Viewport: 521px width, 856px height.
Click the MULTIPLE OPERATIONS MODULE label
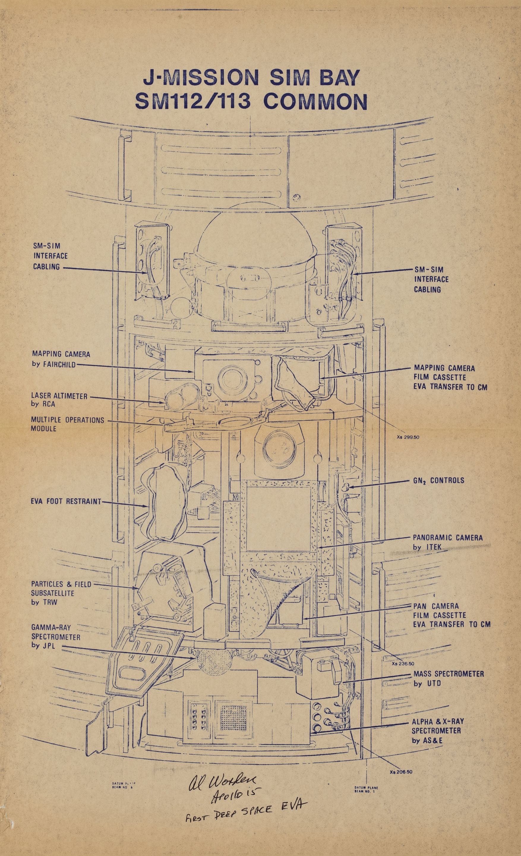[x=67, y=424]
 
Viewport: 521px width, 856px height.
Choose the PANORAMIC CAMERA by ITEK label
[x=447, y=542]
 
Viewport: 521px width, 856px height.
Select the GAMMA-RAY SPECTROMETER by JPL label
[x=56, y=637]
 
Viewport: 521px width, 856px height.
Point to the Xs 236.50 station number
[x=403, y=663]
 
